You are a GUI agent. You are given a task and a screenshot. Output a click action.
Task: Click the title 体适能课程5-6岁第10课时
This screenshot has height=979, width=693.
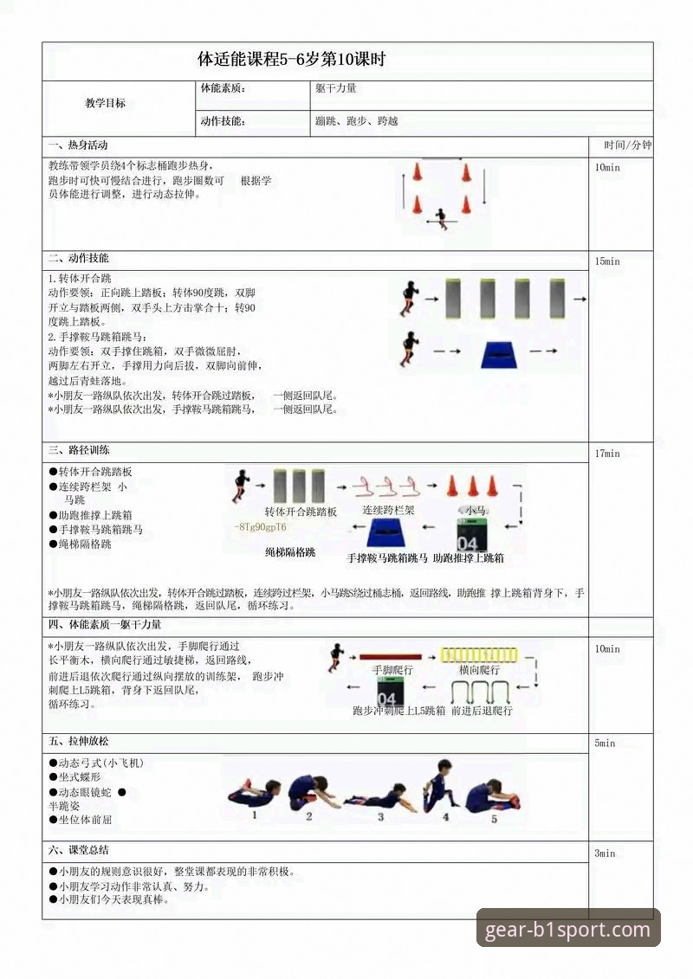click(x=291, y=61)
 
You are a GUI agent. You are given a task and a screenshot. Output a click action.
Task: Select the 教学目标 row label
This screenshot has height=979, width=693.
click(x=105, y=103)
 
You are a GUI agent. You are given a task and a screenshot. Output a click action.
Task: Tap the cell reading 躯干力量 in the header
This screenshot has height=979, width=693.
click(x=336, y=89)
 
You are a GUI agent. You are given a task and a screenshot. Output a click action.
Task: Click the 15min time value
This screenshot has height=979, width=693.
click(x=607, y=261)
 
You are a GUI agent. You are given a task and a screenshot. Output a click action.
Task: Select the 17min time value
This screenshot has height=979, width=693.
click(x=607, y=454)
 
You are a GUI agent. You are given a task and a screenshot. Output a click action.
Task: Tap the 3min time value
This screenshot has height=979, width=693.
click(x=605, y=853)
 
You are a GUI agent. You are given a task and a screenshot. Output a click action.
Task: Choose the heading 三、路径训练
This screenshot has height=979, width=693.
click(x=79, y=451)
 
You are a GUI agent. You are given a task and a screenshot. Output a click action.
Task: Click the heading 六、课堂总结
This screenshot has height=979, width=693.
click(x=79, y=850)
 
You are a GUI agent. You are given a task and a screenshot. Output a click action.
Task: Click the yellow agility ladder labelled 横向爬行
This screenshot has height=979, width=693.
click(x=479, y=656)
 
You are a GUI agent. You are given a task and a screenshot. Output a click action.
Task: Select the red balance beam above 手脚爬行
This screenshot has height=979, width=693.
click(x=390, y=657)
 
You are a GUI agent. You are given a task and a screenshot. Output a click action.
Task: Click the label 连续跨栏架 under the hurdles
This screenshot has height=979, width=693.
click(x=388, y=511)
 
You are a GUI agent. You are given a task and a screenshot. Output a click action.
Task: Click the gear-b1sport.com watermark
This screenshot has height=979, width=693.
click(x=568, y=931)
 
